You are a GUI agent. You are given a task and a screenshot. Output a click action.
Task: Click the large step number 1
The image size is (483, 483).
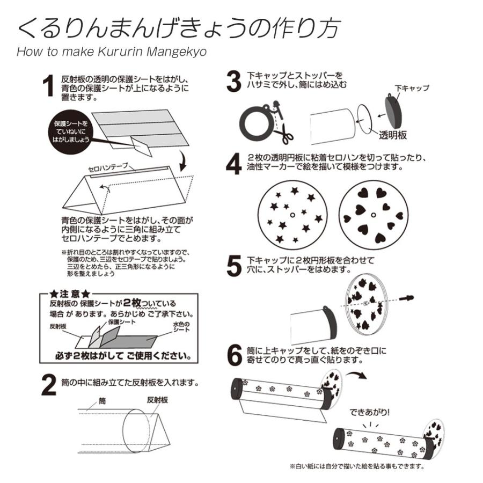click(x=49, y=86)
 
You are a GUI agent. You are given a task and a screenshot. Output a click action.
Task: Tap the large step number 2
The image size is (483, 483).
click(x=49, y=385)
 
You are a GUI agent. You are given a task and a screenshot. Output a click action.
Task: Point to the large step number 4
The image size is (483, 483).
click(x=233, y=164)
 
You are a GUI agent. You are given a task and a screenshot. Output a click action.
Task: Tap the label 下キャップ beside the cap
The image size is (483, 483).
click(x=412, y=87)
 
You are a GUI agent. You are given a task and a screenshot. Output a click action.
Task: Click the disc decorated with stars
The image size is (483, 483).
click(x=293, y=213)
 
